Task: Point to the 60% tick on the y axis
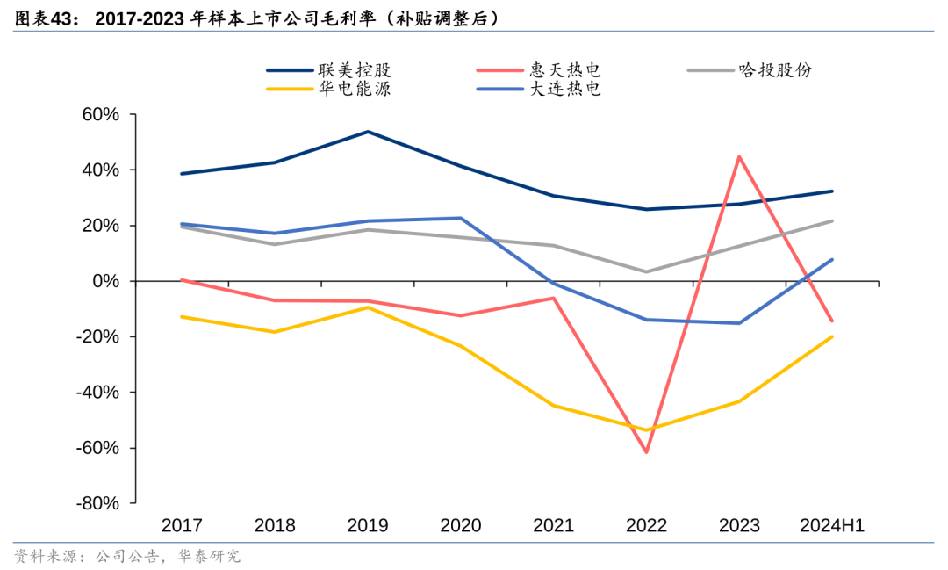point(100,114)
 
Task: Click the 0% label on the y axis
point(105,281)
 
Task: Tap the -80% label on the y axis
point(97,503)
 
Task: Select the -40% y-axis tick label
point(97,393)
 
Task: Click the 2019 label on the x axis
point(368,526)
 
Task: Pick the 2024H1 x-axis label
point(832,526)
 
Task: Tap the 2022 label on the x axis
point(647,526)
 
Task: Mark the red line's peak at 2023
point(740,157)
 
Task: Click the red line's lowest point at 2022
point(647,452)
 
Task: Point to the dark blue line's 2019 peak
point(368,132)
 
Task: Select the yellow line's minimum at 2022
point(647,430)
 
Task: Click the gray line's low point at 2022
point(647,271)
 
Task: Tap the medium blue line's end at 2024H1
point(832,259)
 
